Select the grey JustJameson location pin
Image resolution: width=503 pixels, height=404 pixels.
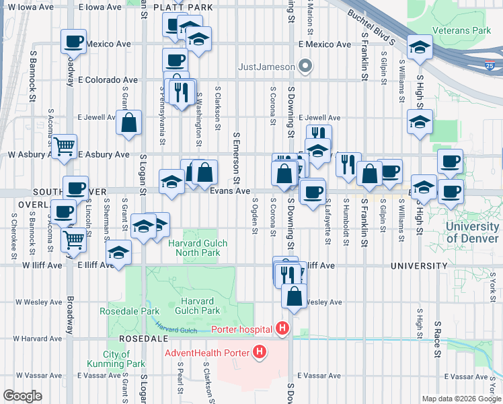(x=307, y=66)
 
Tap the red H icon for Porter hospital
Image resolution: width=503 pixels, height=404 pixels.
(x=282, y=329)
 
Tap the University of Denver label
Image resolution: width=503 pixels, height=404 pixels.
(x=472, y=232)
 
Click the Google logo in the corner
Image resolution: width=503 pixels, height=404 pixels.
(x=22, y=396)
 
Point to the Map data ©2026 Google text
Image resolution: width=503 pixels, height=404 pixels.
(x=461, y=398)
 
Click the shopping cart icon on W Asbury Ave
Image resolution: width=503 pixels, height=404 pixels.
(x=64, y=146)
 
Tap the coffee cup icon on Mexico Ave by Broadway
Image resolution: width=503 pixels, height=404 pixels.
(x=73, y=42)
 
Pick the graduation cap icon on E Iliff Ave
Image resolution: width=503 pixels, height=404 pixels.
(x=119, y=253)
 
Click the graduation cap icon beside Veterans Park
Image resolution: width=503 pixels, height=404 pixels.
(x=420, y=48)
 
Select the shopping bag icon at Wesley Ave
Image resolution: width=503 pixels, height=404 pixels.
(x=294, y=296)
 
